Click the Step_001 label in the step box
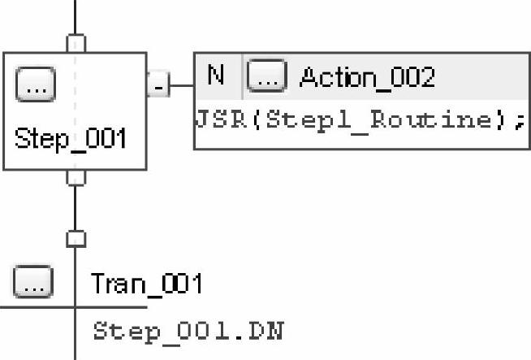click(x=71, y=139)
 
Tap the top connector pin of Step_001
click(x=76, y=42)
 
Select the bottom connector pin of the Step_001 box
click(x=76, y=176)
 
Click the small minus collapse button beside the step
click(x=158, y=84)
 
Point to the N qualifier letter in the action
click(x=216, y=76)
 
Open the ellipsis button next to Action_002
click(x=267, y=77)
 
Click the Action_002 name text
click(x=367, y=77)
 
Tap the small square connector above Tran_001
click(x=76, y=238)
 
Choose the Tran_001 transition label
click(x=146, y=284)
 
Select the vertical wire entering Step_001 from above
click(x=76, y=16)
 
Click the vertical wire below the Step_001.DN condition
click(x=76, y=351)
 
